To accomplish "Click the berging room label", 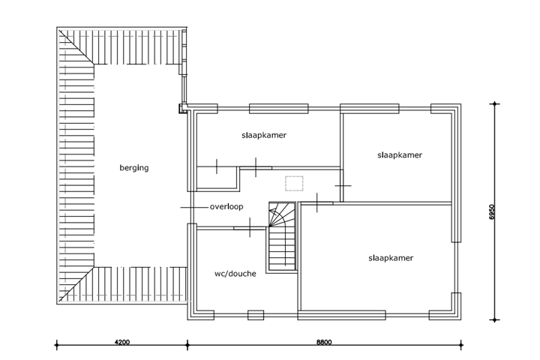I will click(134, 168).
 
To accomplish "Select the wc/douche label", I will click(235, 274).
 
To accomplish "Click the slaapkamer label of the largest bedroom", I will click(391, 257).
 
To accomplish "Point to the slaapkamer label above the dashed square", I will click(265, 136).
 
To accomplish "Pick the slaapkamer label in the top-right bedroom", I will click(399, 154).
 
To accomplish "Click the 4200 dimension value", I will click(122, 342).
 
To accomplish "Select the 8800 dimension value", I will click(323, 342).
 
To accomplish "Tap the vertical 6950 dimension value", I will click(492, 212).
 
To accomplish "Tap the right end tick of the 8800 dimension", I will click(460, 346).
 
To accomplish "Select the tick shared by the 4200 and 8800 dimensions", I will click(187, 346).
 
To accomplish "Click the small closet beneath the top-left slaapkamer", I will click(217, 178).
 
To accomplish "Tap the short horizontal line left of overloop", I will click(190, 206).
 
